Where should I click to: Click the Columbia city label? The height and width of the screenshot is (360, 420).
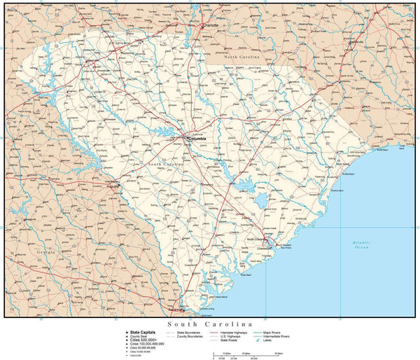pyautogui.click(x=197, y=139)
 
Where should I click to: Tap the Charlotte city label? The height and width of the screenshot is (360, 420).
pyautogui.click(x=210, y=25)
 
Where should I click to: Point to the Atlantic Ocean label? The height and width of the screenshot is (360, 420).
pyautogui.click(x=361, y=244)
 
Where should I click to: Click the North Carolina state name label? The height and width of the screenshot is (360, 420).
pyautogui.click(x=241, y=55)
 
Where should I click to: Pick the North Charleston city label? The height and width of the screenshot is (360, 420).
pyautogui.click(x=257, y=240)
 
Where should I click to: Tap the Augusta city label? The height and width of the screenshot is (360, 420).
pyautogui.click(x=113, y=187)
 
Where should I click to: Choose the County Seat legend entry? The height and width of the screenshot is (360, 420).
pyautogui.click(x=138, y=336)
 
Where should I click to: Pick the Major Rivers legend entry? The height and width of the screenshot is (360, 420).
pyautogui.click(x=272, y=332)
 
